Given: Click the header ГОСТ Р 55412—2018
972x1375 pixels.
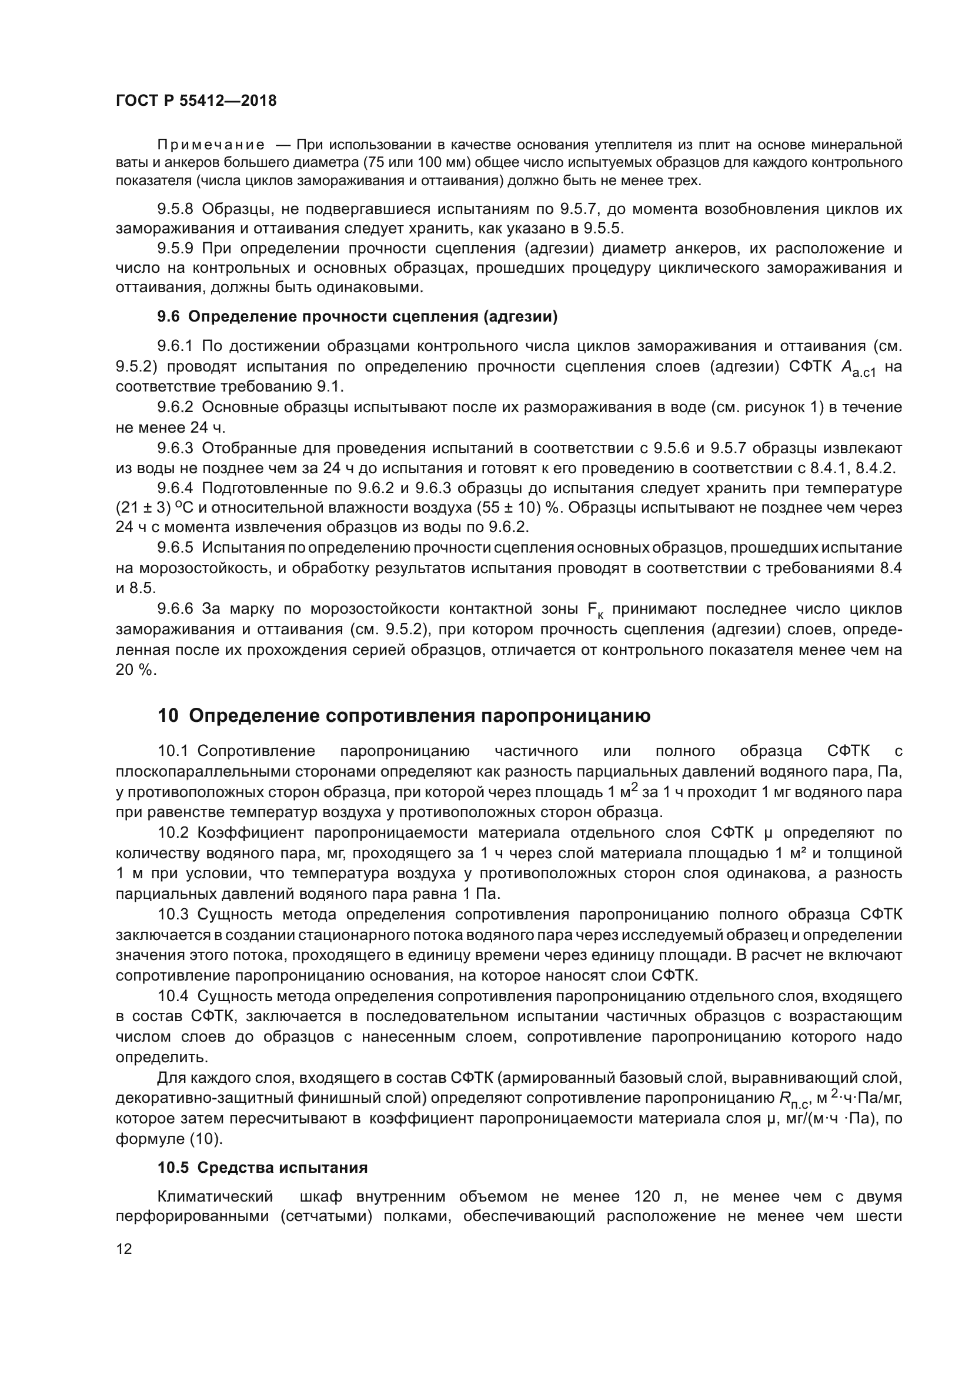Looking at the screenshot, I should (x=196, y=101).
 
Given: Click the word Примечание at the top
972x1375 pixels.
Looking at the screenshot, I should (x=211, y=145).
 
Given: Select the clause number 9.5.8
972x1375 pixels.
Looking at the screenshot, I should (x=175, y=209).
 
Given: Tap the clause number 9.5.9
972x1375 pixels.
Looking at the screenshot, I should (x=175, y=248).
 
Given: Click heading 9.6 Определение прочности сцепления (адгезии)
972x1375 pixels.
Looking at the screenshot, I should (x=357, y=317).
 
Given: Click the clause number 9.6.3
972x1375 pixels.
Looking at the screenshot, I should (x=175, y=448).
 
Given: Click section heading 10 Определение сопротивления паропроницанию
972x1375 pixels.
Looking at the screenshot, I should (x=403, y=715).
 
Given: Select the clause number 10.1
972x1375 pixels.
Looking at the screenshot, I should (x=173, y=751).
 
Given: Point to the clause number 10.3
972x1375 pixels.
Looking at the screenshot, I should (x=173, y=915).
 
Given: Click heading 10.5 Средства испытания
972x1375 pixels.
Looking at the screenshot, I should (x=262, y=1168).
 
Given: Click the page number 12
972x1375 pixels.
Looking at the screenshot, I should (x=124, y=1249).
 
